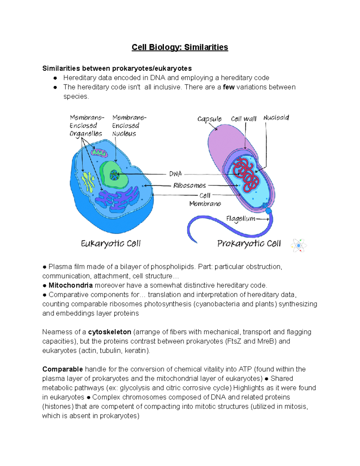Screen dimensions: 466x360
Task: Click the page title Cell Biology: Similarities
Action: tap(180, 47)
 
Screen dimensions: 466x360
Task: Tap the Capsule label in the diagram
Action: tap(209, 119)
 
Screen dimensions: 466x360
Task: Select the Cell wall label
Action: tap(244, 119)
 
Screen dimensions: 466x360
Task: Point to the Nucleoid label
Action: tap(276, 118)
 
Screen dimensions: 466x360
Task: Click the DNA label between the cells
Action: tap(175, 174)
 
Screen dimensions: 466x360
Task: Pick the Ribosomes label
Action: tap(190, 185)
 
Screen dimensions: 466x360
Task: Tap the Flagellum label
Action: tap(241, 219)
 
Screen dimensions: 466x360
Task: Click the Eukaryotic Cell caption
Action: tap(111, 243)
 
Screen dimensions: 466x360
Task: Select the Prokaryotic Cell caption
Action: tap(249, 243)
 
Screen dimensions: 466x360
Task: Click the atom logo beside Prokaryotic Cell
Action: tap(298, 246)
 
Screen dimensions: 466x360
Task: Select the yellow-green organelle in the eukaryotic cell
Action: tap(88, 181)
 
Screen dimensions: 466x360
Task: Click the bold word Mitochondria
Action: tap(70, 285)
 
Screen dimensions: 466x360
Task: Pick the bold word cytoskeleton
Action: tap(109, 332)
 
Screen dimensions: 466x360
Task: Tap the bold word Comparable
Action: tap(62, 369)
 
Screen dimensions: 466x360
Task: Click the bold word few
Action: tap(229, 87)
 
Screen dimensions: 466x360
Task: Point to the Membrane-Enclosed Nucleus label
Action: tap(126, 125)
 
